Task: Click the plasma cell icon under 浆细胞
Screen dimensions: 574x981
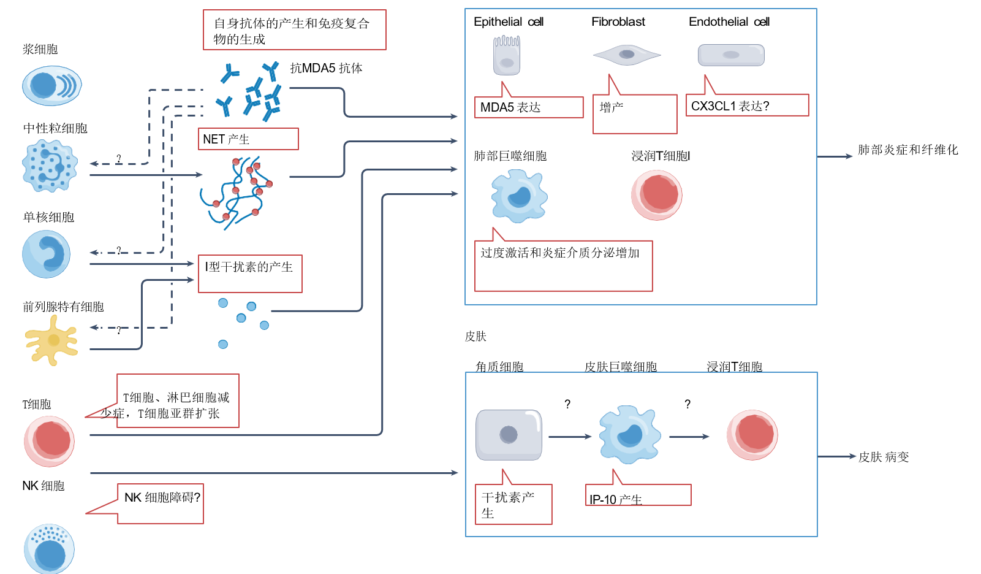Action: coord(51,86)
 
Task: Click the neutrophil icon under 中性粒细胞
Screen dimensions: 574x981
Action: coord(50,166)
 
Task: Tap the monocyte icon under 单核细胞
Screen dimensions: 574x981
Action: coord(47,254)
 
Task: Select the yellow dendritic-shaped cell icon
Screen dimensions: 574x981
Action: coord(52,341)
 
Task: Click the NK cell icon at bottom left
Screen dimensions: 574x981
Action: coord(49,549)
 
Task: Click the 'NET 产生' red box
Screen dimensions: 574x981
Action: coord(248,139)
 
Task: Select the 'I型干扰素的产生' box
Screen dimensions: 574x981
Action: coord(250,274)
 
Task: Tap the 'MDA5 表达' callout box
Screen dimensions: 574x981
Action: coord(528,107)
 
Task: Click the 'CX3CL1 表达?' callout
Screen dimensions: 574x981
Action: coord(747,105)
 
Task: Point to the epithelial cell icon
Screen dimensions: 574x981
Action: coord(507,55)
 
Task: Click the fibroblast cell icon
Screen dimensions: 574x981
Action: coord(626,55)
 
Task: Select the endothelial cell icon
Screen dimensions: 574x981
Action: coord(731,55)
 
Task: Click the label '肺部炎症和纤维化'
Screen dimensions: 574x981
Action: coord(907,150)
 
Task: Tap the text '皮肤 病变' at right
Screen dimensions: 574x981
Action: coord(883,457)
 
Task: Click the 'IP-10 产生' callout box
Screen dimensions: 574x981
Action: coord(638,496)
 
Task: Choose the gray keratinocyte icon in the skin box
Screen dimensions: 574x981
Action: coord(509,435)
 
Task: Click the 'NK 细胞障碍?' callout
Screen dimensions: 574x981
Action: coord(161,503)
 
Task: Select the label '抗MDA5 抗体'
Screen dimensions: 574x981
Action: coord(326,68)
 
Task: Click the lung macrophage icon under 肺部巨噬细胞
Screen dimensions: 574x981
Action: coord(519,196)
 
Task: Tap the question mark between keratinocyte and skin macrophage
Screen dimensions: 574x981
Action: coord(567,404)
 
